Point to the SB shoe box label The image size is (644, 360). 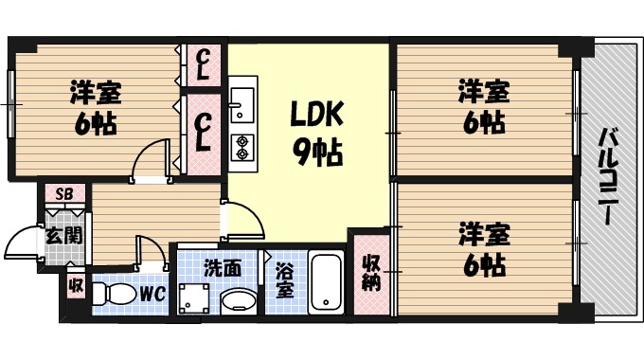coord(63,194)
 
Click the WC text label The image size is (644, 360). coord(153,295)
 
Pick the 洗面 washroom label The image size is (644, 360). coord(222,268)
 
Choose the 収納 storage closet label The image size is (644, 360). coord(370,272)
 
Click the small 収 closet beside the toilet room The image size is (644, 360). coord(75,284)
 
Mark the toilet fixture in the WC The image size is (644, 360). coord(116,294)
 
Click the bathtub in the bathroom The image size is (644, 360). coord(325,282)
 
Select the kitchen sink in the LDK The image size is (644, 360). coord(241,104)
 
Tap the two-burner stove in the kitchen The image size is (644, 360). coord(241,148)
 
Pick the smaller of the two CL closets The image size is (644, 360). coord(203,63)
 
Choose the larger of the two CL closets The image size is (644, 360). coord(203,133)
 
